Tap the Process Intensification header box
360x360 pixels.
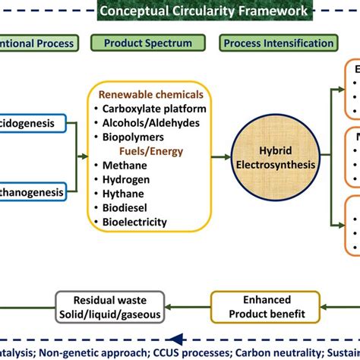tap(279, 43)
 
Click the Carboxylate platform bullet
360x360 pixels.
tap(152, 109)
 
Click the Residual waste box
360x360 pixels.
tap(110, 286)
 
